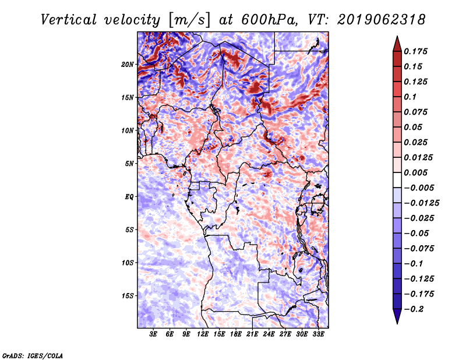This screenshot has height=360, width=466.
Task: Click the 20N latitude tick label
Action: [128, 64]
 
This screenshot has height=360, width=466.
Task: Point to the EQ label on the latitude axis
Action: [129, 197]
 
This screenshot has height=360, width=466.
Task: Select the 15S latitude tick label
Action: [128, 296]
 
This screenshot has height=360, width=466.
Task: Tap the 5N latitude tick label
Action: [129, 164]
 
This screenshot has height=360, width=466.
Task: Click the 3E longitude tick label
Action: [154, 335]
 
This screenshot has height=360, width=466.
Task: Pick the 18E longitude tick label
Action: [236, 335]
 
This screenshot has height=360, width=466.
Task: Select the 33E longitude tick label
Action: [318, 335]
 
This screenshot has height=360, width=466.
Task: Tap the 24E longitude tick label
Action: [269, 335]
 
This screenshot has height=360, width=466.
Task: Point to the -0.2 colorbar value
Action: [415, 309]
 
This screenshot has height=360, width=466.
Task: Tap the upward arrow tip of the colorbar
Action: [397, 38]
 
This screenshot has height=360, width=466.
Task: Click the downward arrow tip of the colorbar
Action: [397, 322]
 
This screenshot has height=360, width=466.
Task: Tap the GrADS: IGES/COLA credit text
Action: [33, 355]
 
